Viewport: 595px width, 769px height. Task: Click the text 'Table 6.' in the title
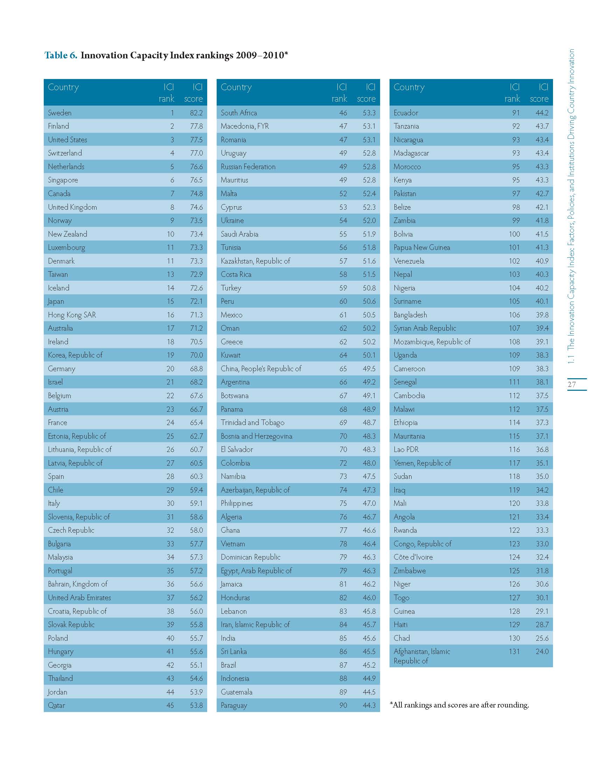(x=61, y=55)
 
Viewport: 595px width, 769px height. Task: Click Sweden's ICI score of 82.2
(x=196, y=113)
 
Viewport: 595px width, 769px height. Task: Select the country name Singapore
(x=63, y=180)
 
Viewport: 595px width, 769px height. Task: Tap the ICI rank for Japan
(x=170, y=301)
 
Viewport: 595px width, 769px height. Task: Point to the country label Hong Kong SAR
(x=72, y=315)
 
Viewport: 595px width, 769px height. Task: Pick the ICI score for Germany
(x=196, y=369)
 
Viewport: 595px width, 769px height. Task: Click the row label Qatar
(x=56, y=705)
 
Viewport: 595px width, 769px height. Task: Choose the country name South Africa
(x=239, y=113)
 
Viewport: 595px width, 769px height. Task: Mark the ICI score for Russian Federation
(x=369, y=166)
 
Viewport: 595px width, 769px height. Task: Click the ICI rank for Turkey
(x=343, y=288)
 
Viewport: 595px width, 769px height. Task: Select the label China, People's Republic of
(x=261, y=369)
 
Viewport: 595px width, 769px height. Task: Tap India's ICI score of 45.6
(x=369, y=638)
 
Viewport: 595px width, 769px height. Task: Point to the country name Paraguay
(x=234, y=705)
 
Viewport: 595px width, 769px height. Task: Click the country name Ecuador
(x=406, y=113)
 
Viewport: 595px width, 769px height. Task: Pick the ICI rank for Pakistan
(x=516, y=194)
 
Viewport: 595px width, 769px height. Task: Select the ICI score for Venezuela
(x=542, y=261)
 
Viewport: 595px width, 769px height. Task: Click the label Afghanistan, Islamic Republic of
(x=422, y=656)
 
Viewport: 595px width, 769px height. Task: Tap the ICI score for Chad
(x=542, y=638)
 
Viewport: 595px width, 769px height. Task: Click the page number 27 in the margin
(x=572, y=384)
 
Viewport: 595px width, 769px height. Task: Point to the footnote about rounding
(x=459, y=705)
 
